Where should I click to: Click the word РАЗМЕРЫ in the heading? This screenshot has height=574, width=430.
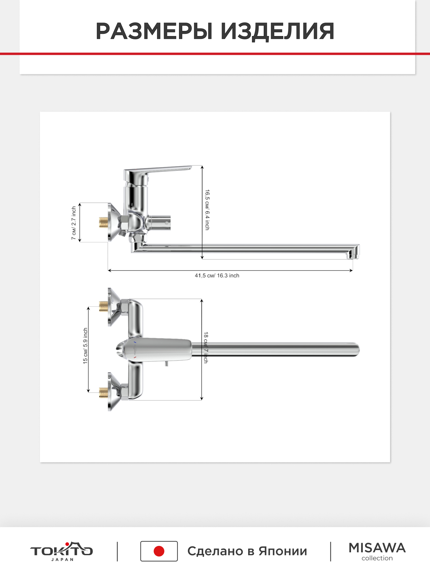click(154, 31)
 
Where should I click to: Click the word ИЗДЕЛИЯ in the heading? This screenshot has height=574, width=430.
click(277, 31)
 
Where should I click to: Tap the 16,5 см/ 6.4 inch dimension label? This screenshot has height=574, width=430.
click(207, 210)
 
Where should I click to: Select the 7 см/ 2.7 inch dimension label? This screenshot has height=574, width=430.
click(74, 223)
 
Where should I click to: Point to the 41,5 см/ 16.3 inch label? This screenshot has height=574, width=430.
click(217, 276)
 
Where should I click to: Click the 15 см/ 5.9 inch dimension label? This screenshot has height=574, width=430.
click(85, 346)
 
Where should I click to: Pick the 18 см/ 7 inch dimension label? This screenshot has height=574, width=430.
click(205, 347)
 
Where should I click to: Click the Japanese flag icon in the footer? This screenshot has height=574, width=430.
click(159, 551)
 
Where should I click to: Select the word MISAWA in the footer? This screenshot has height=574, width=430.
click(377, 548)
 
